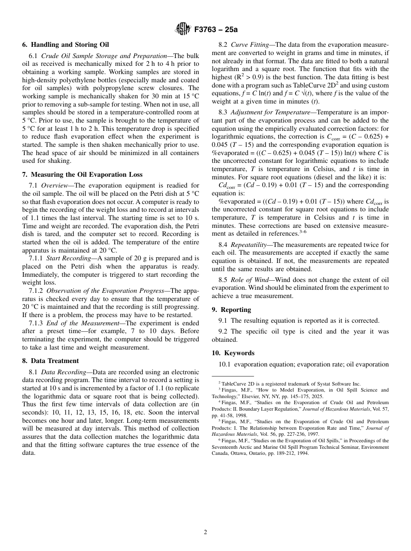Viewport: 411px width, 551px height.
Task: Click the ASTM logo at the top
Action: click(x=182, y=29)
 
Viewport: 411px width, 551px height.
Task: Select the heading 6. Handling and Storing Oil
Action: click(x=65, y=45)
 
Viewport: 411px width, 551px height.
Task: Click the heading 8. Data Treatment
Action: click(x=50, y=361)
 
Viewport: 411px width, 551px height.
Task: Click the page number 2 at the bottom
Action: click(x=205, y=532)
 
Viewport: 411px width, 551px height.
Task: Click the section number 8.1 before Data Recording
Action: click(x=34, y=372)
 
